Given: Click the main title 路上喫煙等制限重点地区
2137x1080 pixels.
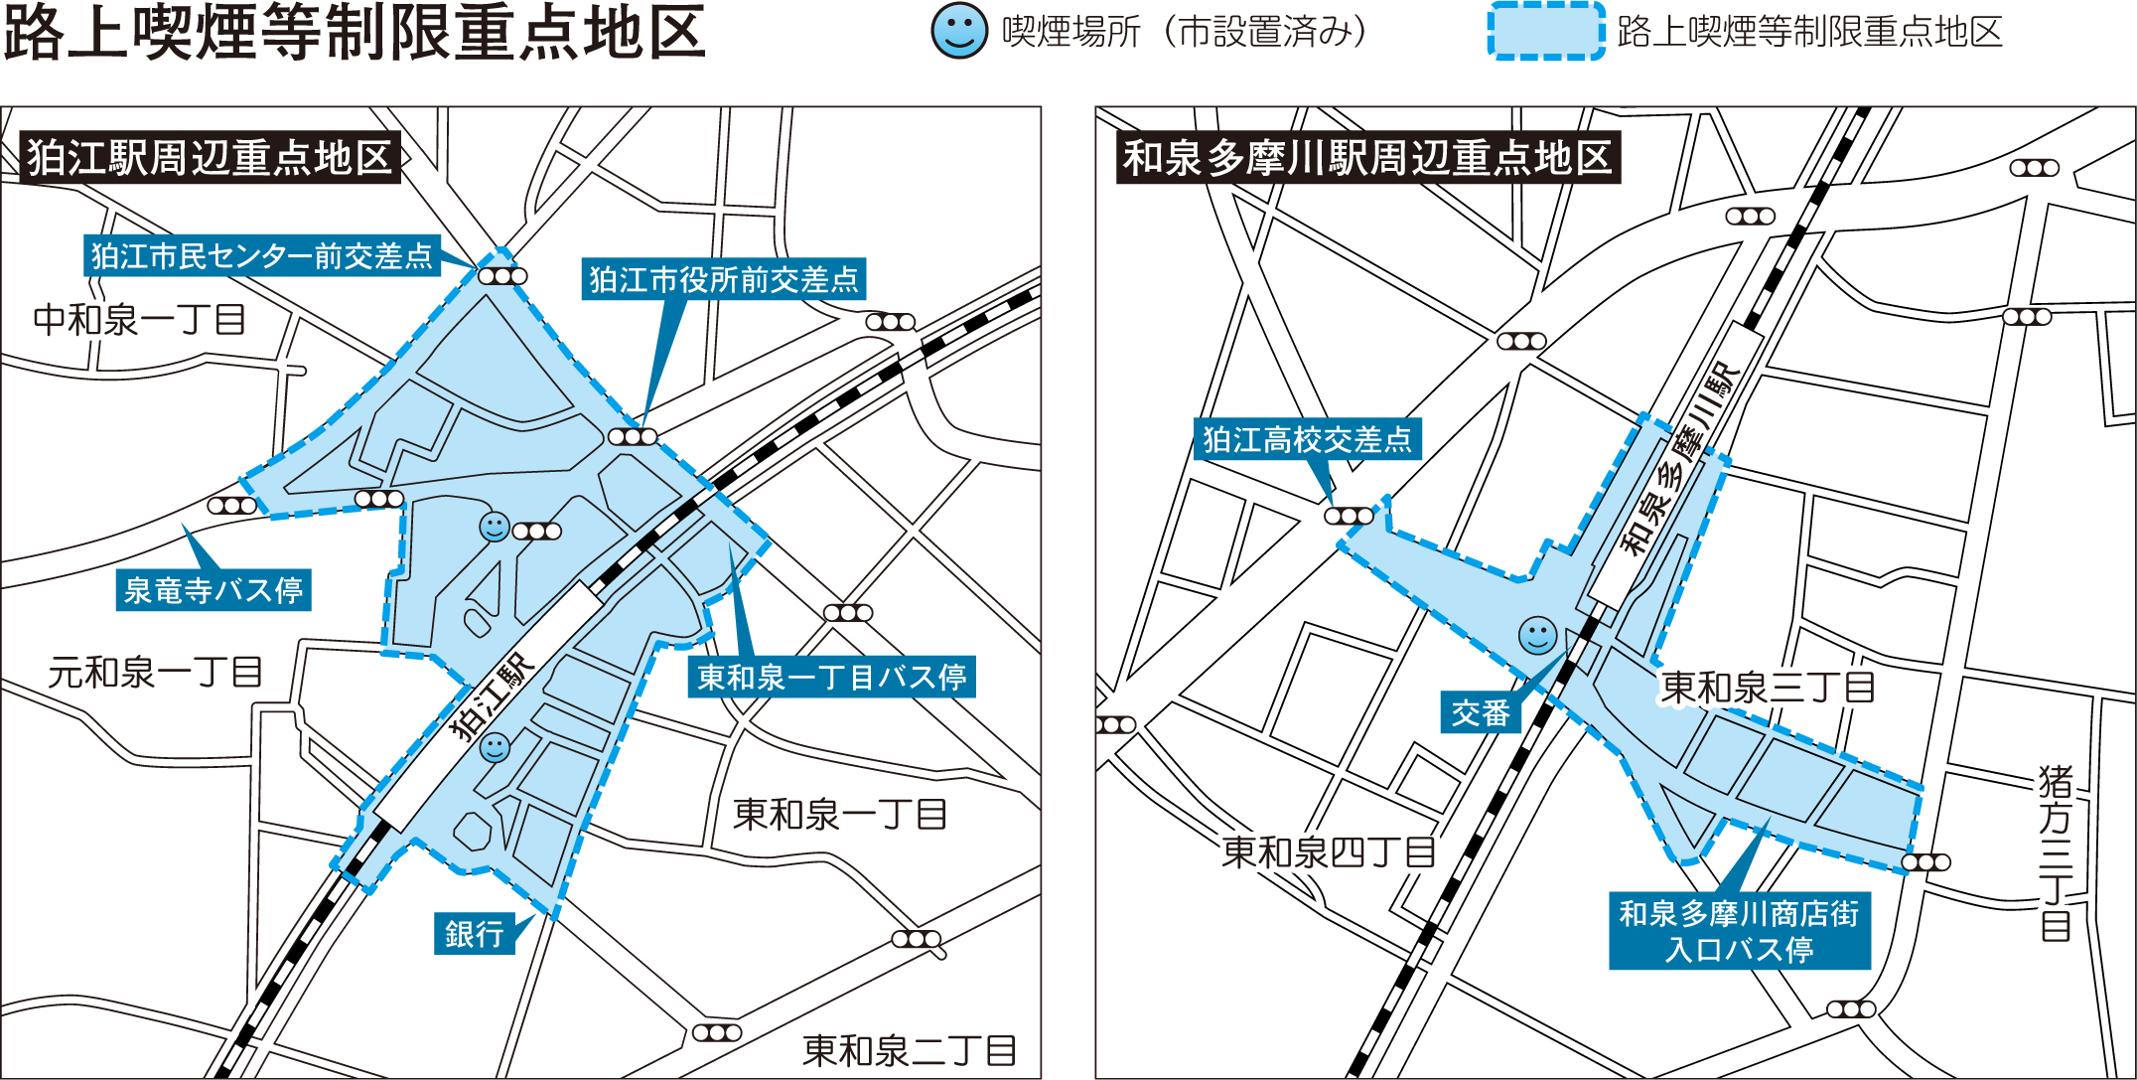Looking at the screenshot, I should [355, 32].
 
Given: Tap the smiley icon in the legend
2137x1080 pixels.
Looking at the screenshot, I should [958, 31].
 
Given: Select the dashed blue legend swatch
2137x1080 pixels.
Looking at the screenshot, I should [1545, 32].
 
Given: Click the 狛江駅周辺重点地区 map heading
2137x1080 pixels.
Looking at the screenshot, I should [210, 157].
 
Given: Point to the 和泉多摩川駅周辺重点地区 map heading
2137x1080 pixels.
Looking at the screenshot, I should [1367, 157].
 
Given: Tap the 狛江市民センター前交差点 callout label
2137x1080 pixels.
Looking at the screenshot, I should [262, 256].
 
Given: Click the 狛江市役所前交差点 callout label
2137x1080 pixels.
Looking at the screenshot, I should [723, 279].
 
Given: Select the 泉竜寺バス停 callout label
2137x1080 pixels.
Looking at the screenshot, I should [214, 590].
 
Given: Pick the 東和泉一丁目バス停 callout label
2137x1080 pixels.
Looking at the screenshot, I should [831, 677].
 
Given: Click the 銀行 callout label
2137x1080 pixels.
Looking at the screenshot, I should [475, 933].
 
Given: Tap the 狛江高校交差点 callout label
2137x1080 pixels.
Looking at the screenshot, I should [1307, 439].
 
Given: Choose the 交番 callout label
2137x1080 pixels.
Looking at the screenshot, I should [1481, 712].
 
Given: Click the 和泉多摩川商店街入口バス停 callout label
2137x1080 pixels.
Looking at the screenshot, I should [1739, 931].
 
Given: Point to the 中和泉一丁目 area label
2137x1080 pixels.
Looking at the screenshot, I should [139, 320].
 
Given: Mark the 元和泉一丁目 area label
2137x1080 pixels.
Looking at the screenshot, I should [155, 673].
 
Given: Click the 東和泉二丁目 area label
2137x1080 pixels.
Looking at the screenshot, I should [909, 1049].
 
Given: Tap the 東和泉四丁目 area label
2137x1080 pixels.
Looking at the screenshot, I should [1329, 851].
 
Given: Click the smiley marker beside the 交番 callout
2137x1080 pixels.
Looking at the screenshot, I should [1537, 636].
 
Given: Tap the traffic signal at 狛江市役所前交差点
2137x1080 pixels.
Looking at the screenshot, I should [633, 437].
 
